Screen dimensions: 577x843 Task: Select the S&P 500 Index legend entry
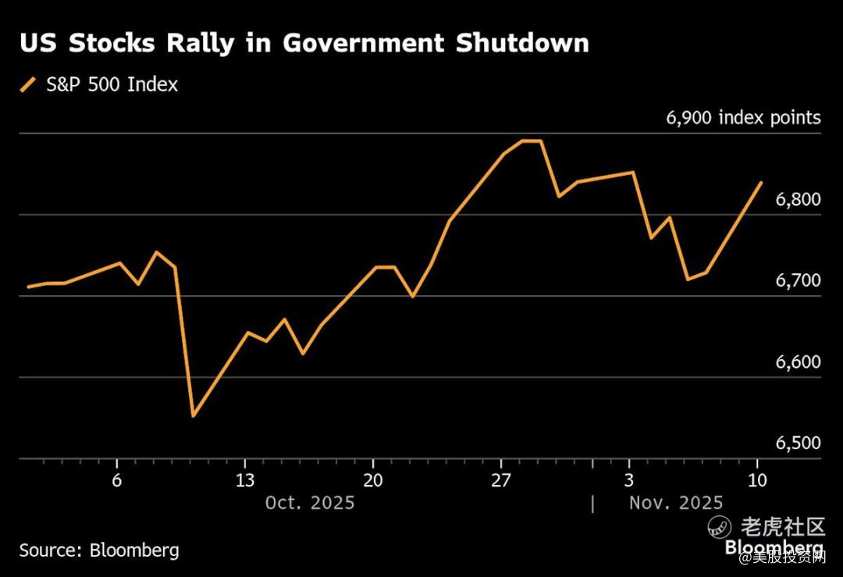(x=110, y=84)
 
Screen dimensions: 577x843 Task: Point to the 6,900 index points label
(x=743, y=118)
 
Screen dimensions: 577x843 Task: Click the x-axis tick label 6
(x=117, y=480)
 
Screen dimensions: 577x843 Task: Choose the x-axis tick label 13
(x=245, y=480)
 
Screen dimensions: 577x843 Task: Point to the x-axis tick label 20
(x=373, y=480)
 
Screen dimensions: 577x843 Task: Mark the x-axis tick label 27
(x=501, y=480)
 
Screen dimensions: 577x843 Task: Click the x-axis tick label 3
(x=629, y=480)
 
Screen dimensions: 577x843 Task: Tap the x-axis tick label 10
(x=757, y=480)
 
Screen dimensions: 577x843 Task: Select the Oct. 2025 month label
(x=310, y=503)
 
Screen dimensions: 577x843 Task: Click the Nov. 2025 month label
(x=676, y=503)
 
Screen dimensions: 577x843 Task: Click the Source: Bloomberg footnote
(x=99, y=550)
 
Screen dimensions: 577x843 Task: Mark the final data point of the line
(x=761, y=183)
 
